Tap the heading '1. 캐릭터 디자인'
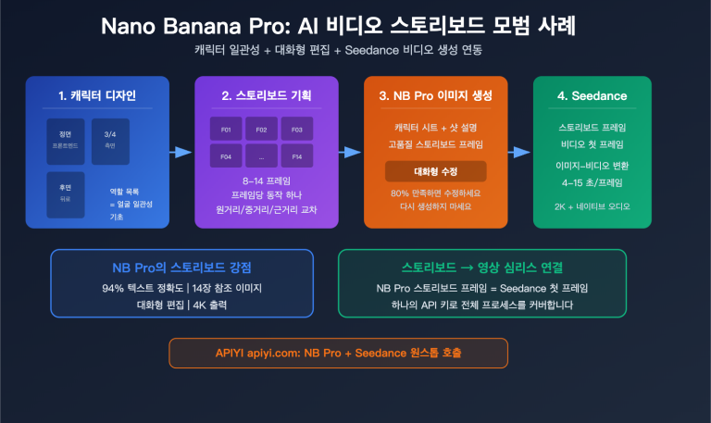(97, 96)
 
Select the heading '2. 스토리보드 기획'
(266, 96)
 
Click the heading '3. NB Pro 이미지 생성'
(435, 96)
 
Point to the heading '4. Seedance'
(592, 96)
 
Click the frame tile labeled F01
(226, 131)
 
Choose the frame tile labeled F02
(261, 131)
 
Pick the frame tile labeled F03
(297, 131)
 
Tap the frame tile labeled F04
(226, 157)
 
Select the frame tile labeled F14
(297, 157)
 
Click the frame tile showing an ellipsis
(261, 157)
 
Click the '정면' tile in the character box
(66, 140)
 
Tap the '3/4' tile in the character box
(109, 140)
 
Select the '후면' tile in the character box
(66, 193)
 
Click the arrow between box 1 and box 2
(181, 152)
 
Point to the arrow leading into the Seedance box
(520, 152)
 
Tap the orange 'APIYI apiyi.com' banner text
(338, 353)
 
